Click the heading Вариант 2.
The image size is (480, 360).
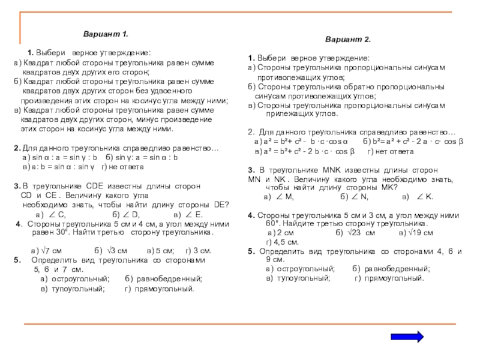[348, 39]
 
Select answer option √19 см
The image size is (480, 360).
[424, 232]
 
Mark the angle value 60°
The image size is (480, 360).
[274, 222]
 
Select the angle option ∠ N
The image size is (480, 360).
[358, 197]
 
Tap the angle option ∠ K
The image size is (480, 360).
[425, 197]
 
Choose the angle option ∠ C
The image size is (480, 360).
[56, 214]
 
